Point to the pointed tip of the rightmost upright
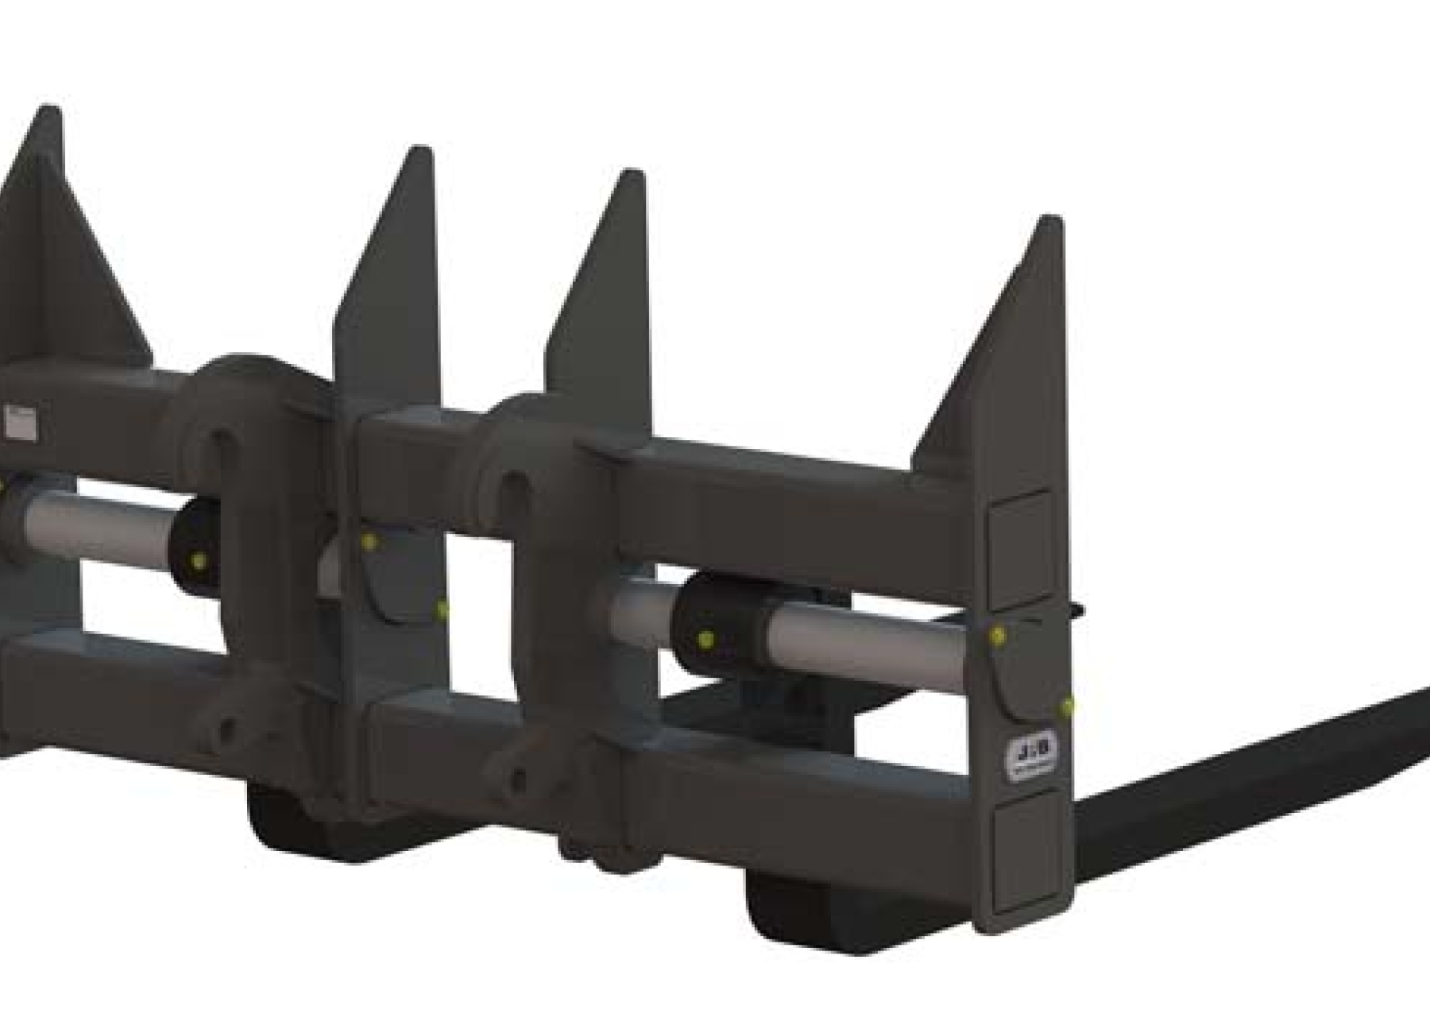[1049, 220]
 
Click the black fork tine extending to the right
[1255, 755]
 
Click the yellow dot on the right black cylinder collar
[705, 639]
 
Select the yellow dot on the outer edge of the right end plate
[1067, 704]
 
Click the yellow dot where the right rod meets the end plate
[999, 635]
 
